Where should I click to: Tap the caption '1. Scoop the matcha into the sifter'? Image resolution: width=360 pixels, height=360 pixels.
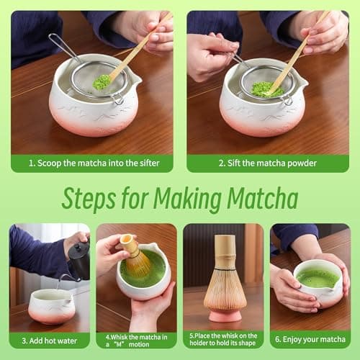91,163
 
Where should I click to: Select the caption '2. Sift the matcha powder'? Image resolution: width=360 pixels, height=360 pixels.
268,163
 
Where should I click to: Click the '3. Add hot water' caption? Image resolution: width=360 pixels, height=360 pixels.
49,340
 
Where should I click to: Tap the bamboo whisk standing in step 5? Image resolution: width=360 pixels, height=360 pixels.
225,277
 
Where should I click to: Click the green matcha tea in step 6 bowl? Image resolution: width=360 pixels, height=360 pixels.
317,277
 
